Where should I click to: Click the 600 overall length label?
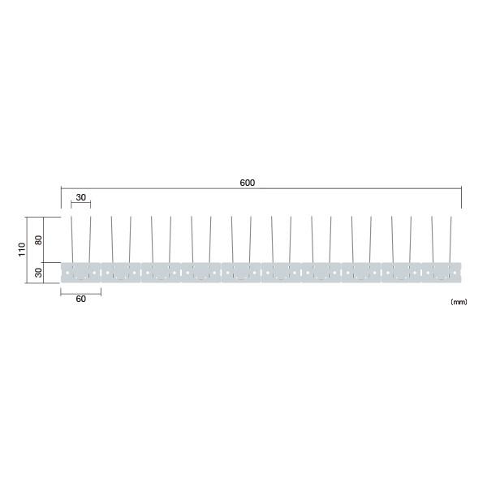[x=248, y=183]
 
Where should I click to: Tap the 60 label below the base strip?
[x=80, y=299]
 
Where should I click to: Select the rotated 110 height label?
[x=22, y=249]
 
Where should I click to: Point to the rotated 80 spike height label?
[x=38, y=239]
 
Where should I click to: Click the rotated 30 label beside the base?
[x=38, y=273]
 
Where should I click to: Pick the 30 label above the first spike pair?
[x=80, y=197]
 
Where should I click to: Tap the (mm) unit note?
[x=459, y=302]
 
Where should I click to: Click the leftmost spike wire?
[x=72, y=239]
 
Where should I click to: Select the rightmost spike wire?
[x=450, y=239]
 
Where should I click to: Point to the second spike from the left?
[x=90, y=239]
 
